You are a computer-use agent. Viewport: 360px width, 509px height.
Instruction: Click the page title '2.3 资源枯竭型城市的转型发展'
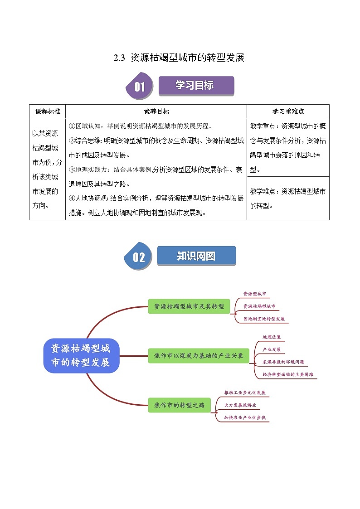tap(179, 58)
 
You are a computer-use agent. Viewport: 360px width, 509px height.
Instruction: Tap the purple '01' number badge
tap(139, 86)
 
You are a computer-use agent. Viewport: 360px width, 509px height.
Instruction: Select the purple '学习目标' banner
tap(196, 85)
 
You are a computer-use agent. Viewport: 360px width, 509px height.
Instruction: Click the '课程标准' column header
tap(47, 111)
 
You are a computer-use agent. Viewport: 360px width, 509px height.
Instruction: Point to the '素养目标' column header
tap(156, 111)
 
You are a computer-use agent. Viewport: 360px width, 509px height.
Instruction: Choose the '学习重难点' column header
tap(288, 111)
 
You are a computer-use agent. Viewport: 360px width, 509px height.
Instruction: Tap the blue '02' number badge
tap(138, 257)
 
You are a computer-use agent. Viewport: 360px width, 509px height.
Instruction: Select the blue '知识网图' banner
tap(196, 256)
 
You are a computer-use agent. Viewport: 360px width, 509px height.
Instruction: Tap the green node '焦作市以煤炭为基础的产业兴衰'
tap(199, 355)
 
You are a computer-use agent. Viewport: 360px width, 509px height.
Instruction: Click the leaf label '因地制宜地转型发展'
tap(264, 319)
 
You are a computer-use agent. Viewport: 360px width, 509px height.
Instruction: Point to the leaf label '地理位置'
tap(272, 337)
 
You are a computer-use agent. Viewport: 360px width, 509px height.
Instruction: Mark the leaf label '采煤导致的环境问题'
tap(283, 362)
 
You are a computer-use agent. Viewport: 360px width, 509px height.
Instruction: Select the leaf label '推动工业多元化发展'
tap(245, 393)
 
